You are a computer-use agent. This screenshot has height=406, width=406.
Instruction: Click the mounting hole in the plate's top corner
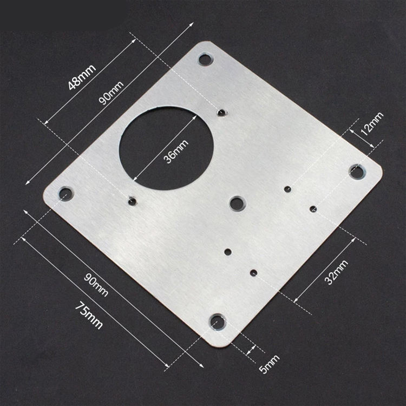[x=205, y=59]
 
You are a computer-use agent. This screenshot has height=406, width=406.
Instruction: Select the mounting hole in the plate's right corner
[x=356, y=172]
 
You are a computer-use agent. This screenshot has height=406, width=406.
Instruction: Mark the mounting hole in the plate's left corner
[x=66, y=193]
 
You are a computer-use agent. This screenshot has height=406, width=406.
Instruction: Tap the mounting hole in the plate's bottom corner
[x=218, y=321]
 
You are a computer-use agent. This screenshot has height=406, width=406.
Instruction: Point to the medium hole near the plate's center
[x=237, y=203]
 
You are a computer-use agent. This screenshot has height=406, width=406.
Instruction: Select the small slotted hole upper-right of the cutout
[x=221, y=112]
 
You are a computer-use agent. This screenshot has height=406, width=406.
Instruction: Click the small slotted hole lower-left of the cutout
[x=132, y=201]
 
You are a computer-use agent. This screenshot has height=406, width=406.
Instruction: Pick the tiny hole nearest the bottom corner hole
[x=253, y=272]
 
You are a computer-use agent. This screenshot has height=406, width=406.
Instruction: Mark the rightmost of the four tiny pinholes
[x=313, y=208]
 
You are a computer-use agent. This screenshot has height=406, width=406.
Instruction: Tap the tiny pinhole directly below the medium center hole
[x=227, y=251]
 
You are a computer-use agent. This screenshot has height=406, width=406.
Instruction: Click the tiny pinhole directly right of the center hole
[x=287, y=189]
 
